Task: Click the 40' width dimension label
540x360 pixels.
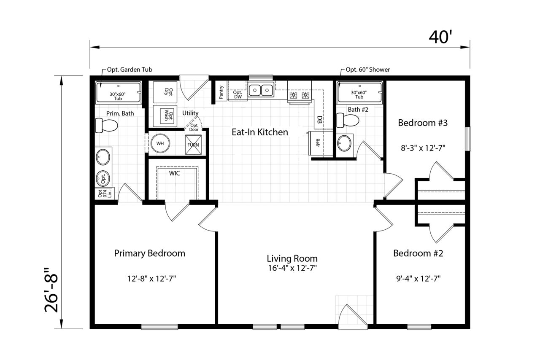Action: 440,37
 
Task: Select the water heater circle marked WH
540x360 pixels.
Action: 160,143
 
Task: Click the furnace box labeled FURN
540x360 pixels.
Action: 193,145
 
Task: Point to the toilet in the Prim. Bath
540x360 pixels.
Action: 106,125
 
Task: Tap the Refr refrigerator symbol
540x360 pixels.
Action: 316,143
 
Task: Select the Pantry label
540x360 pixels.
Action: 221,92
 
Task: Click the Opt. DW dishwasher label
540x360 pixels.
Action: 238,94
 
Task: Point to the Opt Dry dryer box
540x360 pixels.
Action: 165,92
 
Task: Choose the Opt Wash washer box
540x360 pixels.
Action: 165,116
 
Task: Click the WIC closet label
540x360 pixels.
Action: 174,173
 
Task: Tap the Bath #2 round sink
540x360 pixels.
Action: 344,143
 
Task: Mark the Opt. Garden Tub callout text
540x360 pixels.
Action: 130,70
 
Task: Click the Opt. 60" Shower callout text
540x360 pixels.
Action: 368,70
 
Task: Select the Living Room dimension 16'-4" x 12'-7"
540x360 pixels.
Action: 292,268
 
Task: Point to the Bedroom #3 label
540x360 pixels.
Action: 423,123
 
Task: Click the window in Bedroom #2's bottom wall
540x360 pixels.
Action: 419,327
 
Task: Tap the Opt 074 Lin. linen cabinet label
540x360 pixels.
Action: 105,194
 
